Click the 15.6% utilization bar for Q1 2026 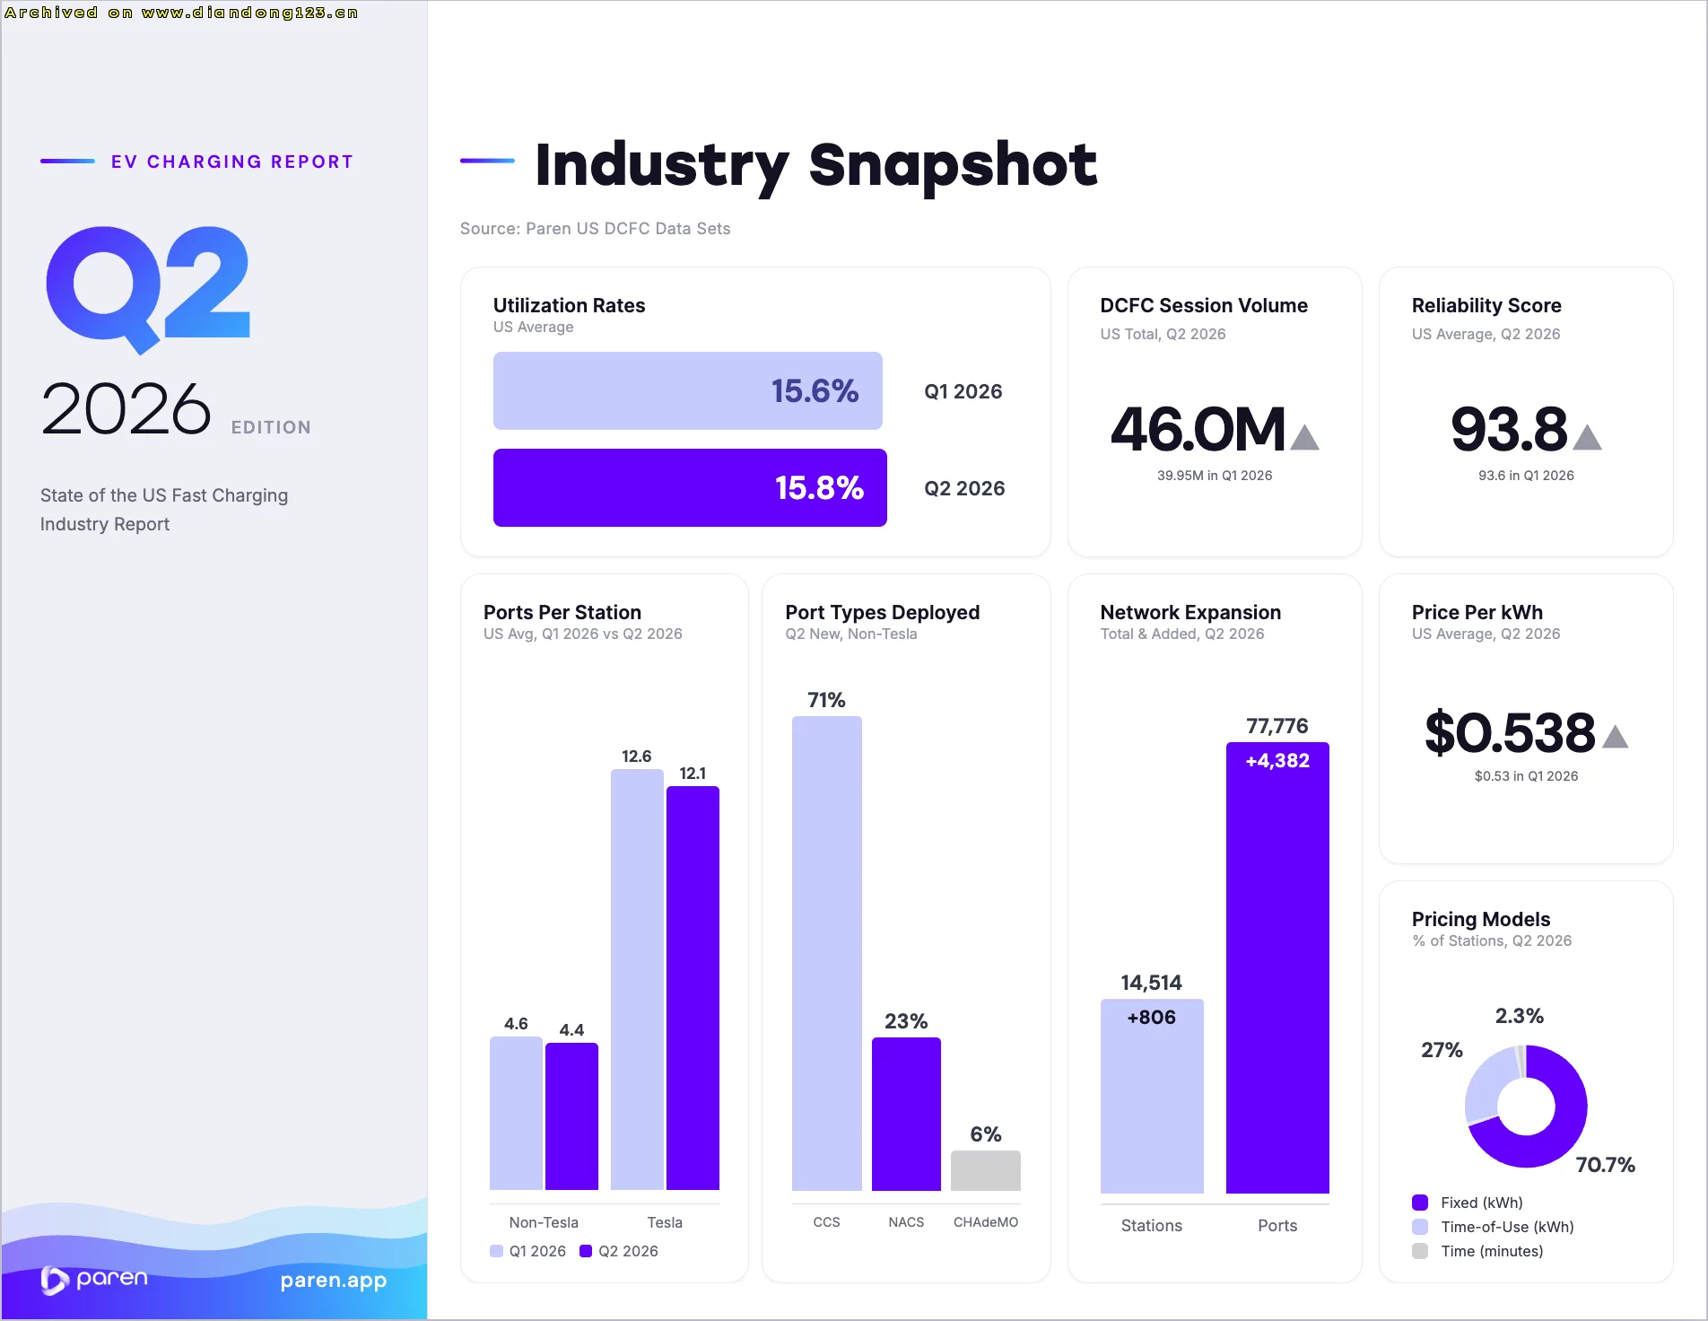tap(688, 390)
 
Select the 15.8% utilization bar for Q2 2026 tap(690, 487)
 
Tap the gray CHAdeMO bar tap(985, 1170)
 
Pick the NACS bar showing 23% tap(906, 1114)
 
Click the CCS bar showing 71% tap(827, 953)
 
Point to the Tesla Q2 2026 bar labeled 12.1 tap(693, 988)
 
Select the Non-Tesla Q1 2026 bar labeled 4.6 tap(516, 1113)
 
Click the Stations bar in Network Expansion tap(1152, 1096)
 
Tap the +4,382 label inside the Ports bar tap(1277, 761)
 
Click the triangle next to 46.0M tap(1304, 437)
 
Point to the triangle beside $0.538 tap(1615, 737)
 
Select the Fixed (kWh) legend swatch tap(1420, 1203)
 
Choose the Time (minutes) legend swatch tap(1420, 1251)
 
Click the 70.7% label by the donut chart tap(1605, 1165)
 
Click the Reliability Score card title tap(1486, 305)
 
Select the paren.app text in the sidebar tap(333, 1281)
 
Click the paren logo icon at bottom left tap(53, 1281)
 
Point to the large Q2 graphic tap(148, 288)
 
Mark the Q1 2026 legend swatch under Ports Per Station tap(496, 1251)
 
